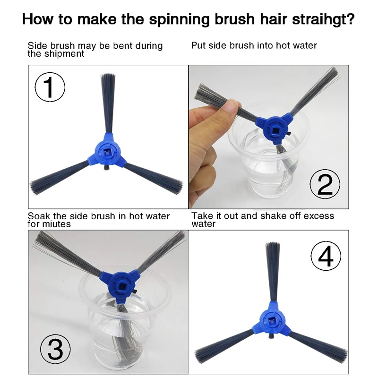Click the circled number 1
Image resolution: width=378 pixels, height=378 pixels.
click(50, 87)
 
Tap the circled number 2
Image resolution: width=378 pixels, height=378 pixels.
click(325, 184)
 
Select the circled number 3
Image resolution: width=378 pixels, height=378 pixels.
click(55, 350)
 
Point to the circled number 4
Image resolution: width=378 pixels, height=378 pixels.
click(326, 256)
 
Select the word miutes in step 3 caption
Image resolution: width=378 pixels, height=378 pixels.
click(56, 224)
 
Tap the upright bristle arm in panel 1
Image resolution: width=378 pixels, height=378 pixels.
click(108, 103)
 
